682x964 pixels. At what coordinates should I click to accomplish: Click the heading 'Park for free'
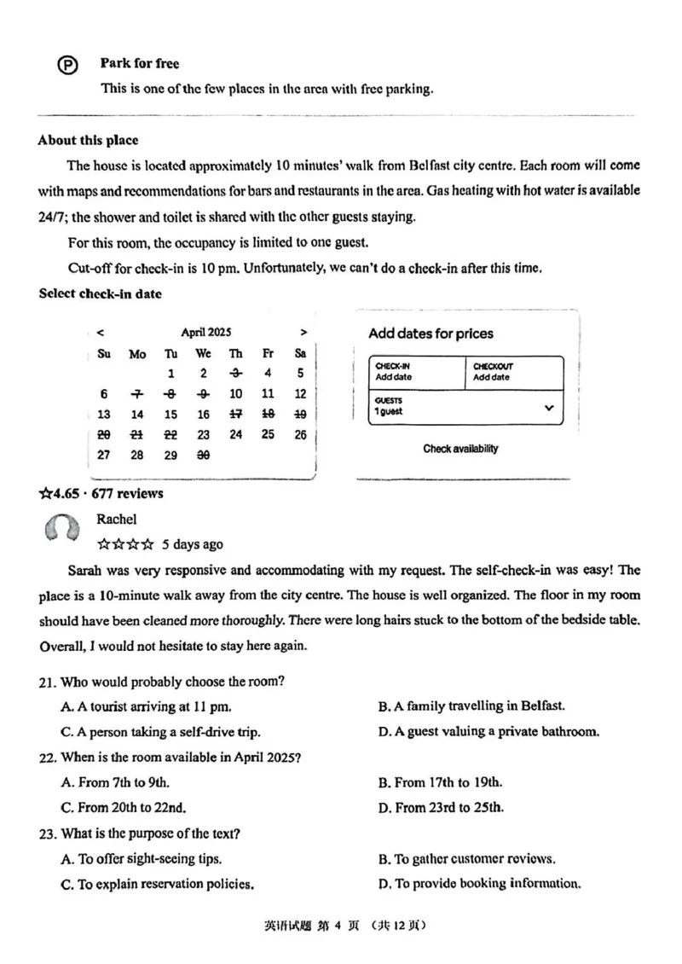tap(140, 63)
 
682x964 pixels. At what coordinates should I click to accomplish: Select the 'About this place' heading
tap(88, 141)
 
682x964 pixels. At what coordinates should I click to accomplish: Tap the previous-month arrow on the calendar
tap(101, 333)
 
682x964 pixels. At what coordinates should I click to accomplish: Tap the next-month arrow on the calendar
tap(303, 333)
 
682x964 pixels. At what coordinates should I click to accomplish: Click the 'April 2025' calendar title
tap(205, 333)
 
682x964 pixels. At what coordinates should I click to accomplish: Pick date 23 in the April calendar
tap(203, 435)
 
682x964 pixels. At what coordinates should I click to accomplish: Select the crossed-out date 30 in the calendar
tap(203, 456)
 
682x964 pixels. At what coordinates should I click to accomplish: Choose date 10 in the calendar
tap(235, 394)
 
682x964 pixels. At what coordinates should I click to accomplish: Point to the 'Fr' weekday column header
tap(268, 353)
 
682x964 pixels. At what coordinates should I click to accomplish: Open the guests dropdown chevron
tap(549, 408)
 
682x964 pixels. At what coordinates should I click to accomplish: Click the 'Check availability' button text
tap(460, 449)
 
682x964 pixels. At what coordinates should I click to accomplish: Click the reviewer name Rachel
tap(117, 519)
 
